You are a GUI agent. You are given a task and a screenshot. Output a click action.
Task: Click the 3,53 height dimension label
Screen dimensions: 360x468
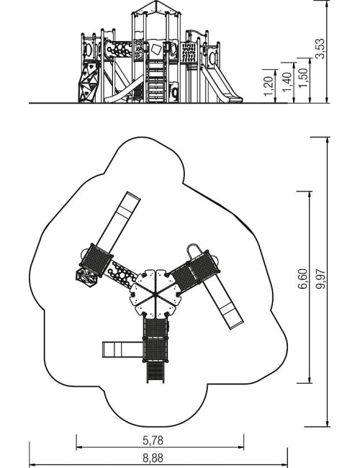(x=320, y=48)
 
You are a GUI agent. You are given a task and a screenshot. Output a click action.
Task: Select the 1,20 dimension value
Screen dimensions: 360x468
(x=269, y=86)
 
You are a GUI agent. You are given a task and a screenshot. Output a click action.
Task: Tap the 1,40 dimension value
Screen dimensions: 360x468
(x=287, y=82)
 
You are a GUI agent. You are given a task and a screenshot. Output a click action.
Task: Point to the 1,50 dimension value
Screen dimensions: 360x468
(x=303, y=78)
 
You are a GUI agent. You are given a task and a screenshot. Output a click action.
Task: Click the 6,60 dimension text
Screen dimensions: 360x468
(x=302, y=279)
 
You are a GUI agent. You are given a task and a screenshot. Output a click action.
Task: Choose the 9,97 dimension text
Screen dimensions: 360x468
(x=321, y=279)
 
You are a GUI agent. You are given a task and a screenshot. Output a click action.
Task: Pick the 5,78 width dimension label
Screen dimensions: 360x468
(x=153, y=440)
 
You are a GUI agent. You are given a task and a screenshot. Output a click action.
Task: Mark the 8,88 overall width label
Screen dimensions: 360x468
(x=153, y=458)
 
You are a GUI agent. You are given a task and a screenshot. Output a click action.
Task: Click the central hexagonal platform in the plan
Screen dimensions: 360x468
(x=156, y=294)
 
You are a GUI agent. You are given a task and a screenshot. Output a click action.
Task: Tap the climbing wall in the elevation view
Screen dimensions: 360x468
(x=89, y=82)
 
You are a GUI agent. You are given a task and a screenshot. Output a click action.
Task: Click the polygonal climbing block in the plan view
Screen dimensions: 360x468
(x=86, y=277)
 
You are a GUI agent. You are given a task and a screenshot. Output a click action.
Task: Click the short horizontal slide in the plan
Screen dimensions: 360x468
(x=122, y=349)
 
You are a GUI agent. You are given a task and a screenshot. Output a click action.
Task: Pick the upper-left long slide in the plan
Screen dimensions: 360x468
(x=119, y=222)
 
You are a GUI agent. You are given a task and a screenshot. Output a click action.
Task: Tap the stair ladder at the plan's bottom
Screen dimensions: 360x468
(x=156, y=372)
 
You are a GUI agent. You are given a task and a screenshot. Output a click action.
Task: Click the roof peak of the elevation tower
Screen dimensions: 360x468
(x=156, y=1)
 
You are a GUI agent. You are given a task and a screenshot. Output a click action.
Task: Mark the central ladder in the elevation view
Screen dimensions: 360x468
(x=156, y=81)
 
